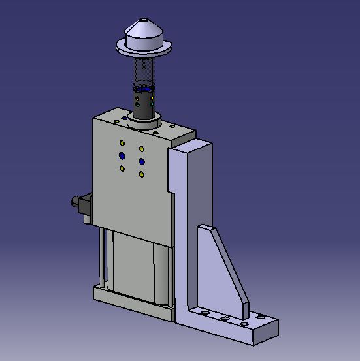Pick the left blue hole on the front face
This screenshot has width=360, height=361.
point(122,155)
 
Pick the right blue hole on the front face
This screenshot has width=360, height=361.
point(142,161)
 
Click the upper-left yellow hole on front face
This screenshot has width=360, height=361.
point(122,143)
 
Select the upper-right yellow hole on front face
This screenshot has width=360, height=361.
point(142,148)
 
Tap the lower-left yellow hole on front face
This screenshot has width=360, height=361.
point(122,168)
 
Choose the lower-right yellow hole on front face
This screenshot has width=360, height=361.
point(142,174)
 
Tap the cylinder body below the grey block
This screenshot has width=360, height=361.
point(137,264)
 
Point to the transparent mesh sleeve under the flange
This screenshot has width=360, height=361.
point(144,69)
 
